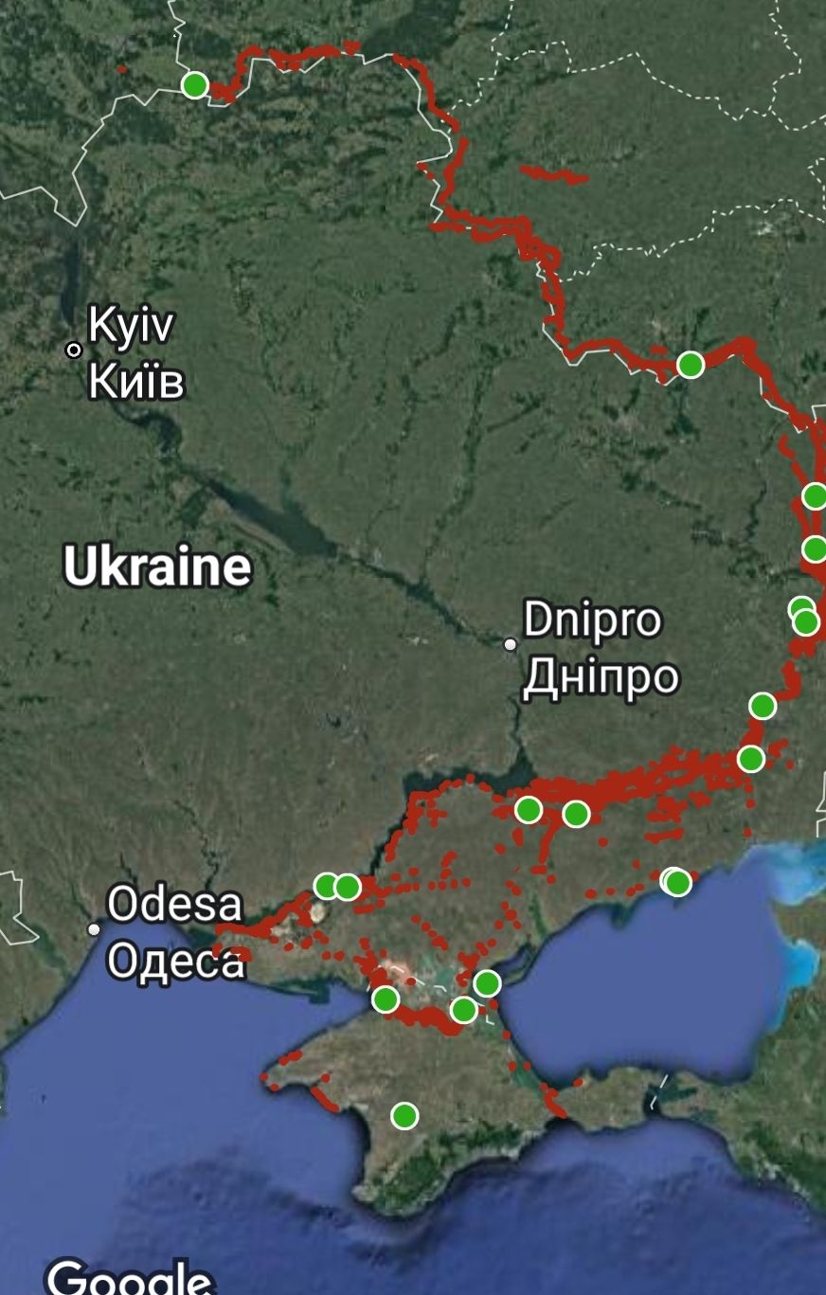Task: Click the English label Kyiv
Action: pyautogui.click(x=131, y=326)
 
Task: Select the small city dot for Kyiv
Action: pyautogui.click(x=74, y=351)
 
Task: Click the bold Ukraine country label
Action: pyautogui.click(x=157, y=567)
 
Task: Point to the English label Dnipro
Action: pyautogui.click(x=592, y=621)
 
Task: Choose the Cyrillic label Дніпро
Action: pyautogui.click(x=601, y=676)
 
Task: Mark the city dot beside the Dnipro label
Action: pyautogui.click(x=511, y=644)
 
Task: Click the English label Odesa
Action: pyautogui.click(x=174, y=905)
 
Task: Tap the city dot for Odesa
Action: pyautogui.click(x=94, y=929)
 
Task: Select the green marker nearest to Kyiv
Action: pyautogui.click(x=194, y=84)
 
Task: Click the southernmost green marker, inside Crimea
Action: pyautogui.click(x=404, y=1116)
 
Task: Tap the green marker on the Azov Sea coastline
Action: pyautogui.click(x=676, y=882)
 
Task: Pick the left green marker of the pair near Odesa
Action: pyautogui.click(x=327, y=887)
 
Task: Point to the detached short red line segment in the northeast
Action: pyautogui.click(x=553, y=174)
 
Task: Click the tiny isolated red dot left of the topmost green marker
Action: pyautogui.click(x=121, y=69)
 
